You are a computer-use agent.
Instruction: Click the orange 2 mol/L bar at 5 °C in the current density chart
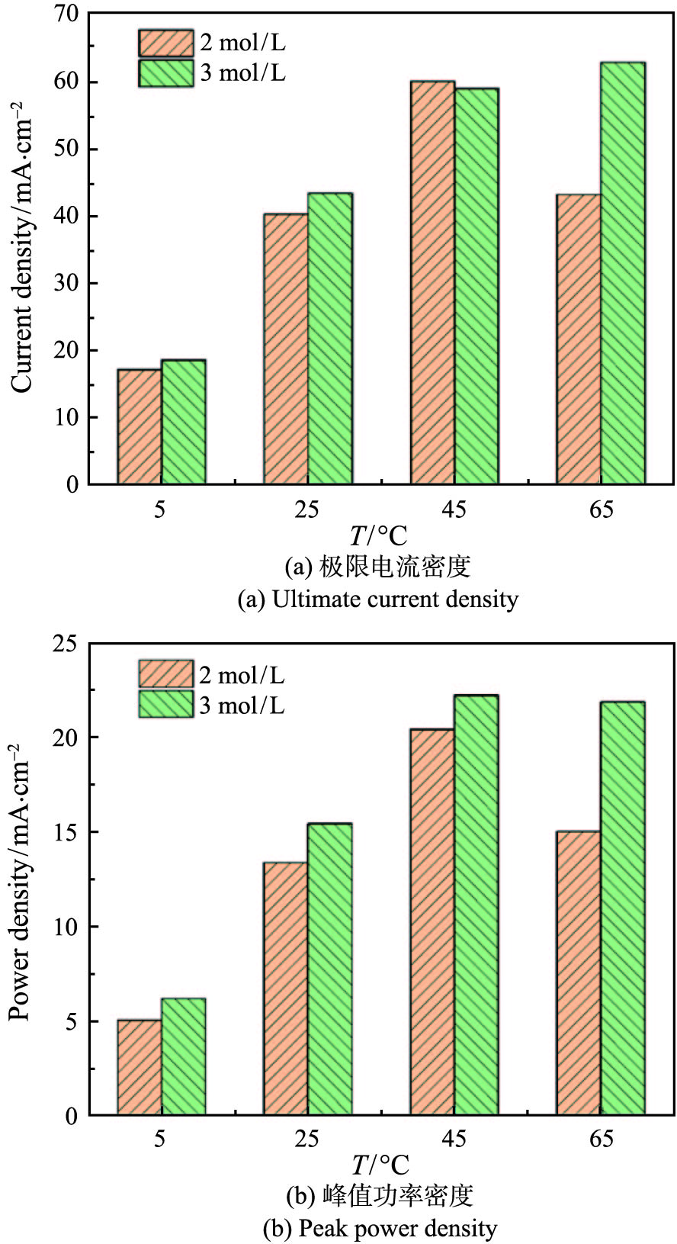(x=140, y=427)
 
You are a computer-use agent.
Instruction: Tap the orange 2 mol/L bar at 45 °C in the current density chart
(x=432, y=282)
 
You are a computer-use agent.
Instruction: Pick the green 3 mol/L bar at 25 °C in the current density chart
(x=330, y=339)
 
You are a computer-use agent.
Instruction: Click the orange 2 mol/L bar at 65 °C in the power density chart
(x=579, y=973)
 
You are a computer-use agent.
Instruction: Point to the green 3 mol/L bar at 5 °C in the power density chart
(x=184, y=1057)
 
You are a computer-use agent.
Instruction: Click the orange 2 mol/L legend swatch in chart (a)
(x=165, y=43)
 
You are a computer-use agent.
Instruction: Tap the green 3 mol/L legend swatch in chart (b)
(x=165, y=704)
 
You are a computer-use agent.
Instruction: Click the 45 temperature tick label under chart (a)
(x=454, y=509)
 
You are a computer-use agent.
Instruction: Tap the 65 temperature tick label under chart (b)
(x=601, y=1140)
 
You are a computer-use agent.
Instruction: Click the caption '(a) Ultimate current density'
(x=378, y=599)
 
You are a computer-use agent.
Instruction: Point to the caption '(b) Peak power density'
(x=379, y=1229)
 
